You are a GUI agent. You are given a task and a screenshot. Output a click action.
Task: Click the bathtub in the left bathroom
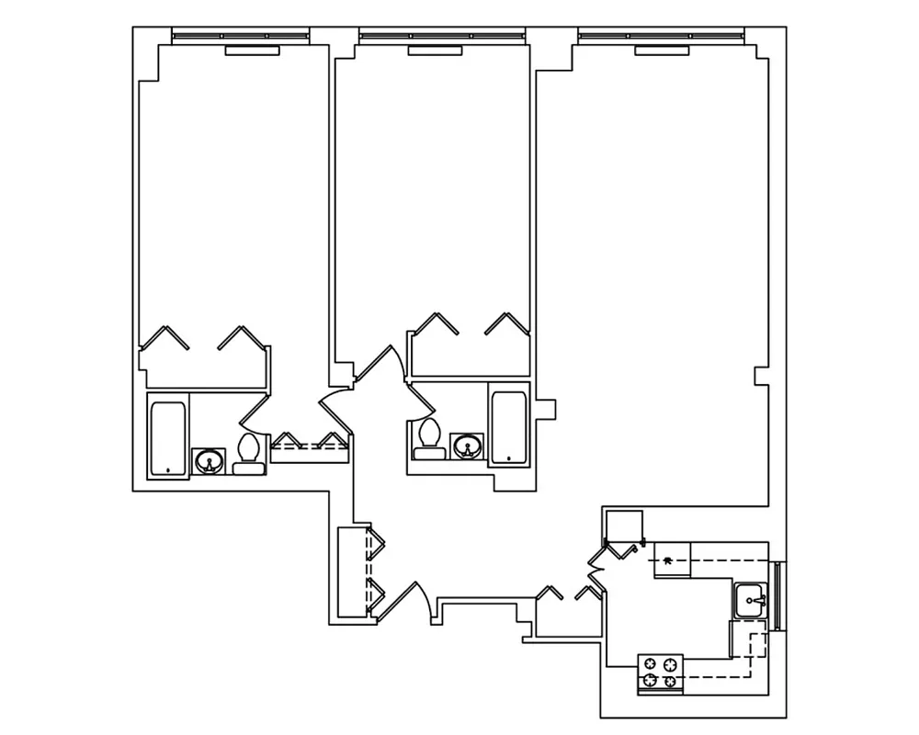coord(168,438)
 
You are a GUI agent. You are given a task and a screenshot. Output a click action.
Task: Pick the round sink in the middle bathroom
coord(468,447)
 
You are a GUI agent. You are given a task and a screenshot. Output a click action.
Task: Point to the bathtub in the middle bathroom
coord(505,428)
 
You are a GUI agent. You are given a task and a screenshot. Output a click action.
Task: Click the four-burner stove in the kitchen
coord(662,672)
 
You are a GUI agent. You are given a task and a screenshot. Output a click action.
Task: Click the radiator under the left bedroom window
coord(252,51)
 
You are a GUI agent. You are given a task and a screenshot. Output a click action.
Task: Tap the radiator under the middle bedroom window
coord(435,51)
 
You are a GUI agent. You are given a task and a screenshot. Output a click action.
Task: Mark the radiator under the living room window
coord(662,51)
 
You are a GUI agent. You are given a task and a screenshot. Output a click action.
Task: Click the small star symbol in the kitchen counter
coord(668,559)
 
